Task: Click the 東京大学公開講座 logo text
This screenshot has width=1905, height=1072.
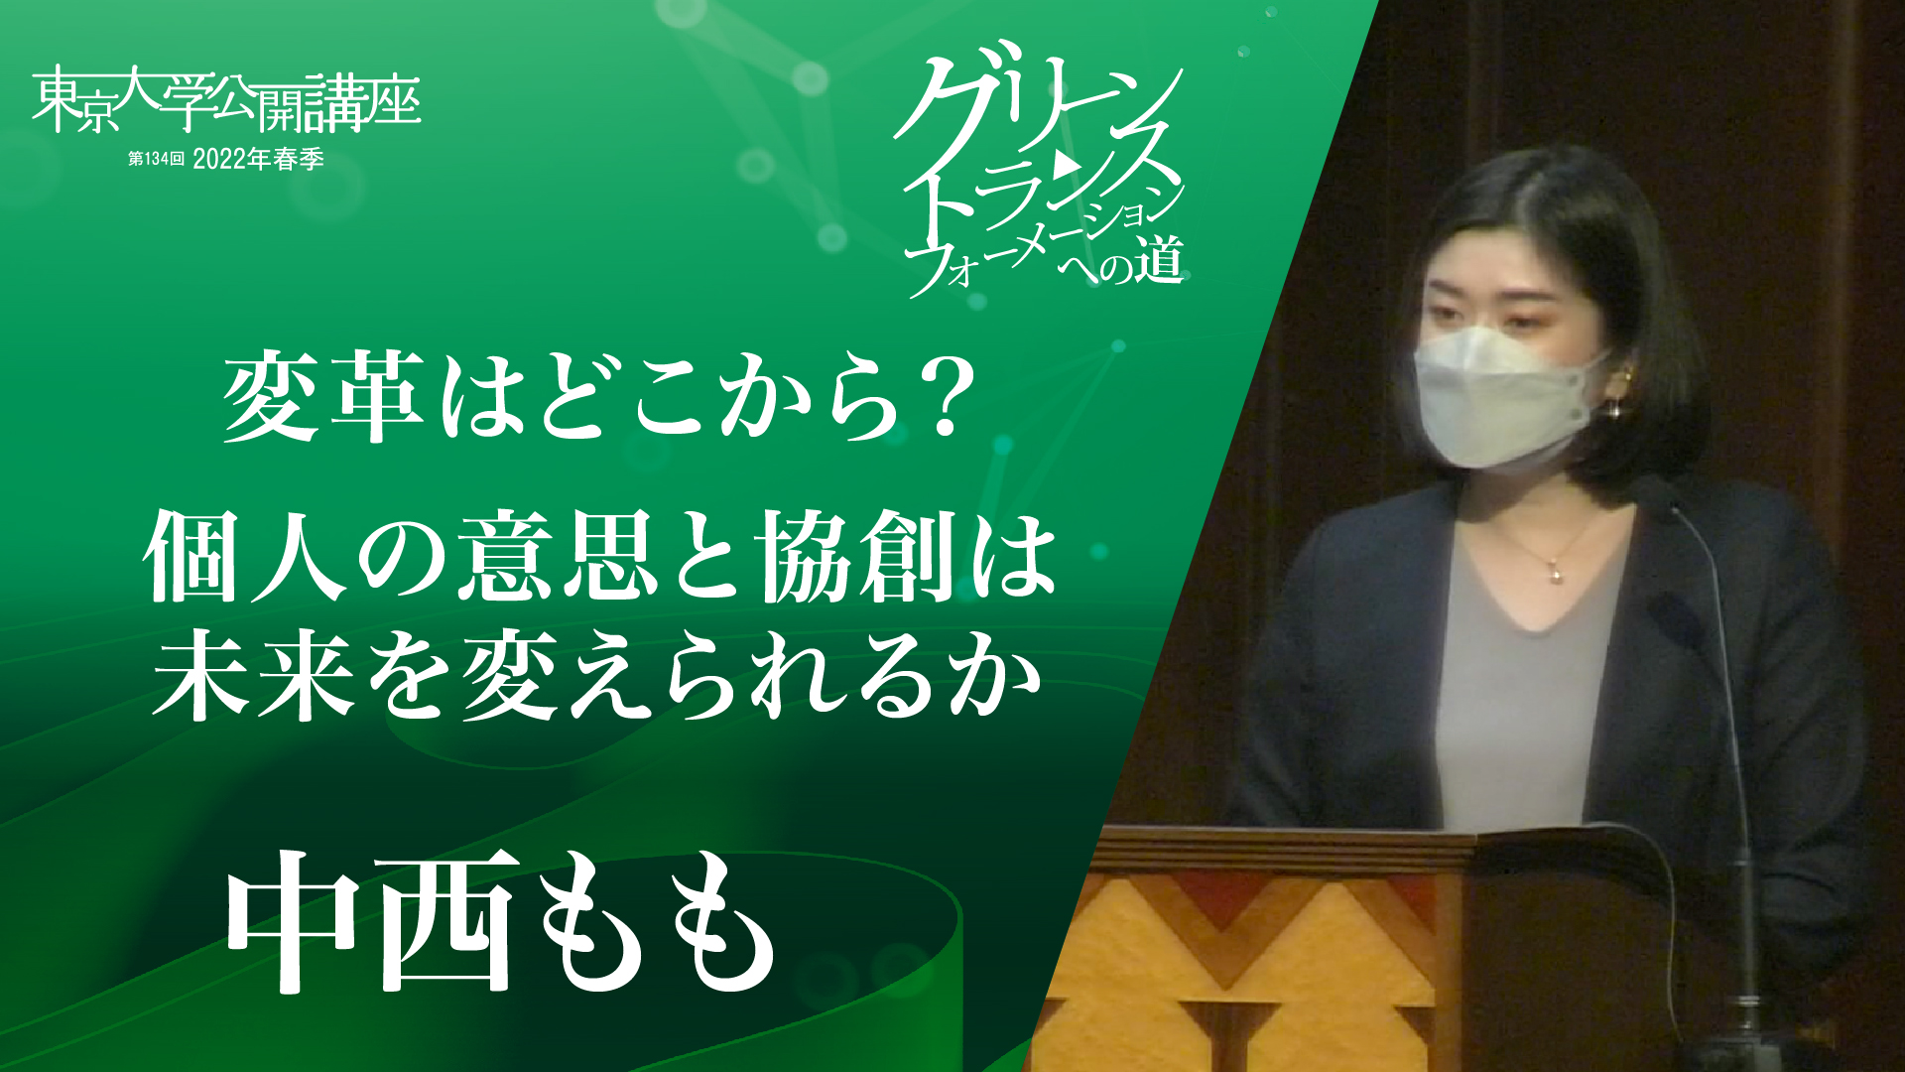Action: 226,101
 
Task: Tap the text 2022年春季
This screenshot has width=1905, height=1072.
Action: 258,159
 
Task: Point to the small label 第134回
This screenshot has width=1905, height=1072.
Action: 156,159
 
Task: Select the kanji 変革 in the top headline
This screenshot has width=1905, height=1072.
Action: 322,399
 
